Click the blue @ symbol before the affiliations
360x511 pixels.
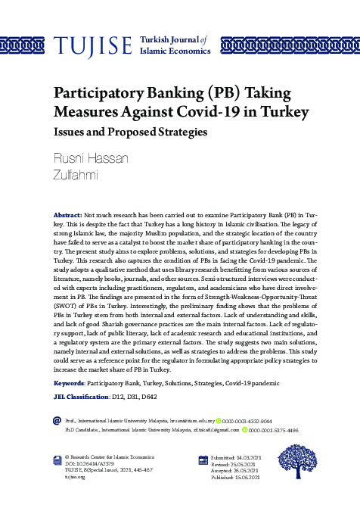(57, 419)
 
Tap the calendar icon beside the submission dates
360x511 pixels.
(203, 460)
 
